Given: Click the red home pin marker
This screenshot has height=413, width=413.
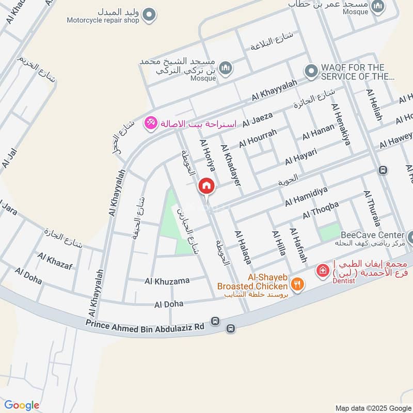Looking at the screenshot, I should click(206, 185).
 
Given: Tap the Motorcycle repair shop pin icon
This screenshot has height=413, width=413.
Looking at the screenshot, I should click(149, 15).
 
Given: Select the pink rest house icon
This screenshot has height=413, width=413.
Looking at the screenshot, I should click(151, 123).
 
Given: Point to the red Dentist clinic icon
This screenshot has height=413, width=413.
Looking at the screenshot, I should click(323, 270).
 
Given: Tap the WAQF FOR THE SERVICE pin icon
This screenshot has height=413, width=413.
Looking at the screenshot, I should click(310, 72).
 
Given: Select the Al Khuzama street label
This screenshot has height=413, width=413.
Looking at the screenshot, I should click(167, 281).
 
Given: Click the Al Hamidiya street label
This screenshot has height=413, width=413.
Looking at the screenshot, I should click(306, 196).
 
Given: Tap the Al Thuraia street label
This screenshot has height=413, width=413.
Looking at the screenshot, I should click(372, 208).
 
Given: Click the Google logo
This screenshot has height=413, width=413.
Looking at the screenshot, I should click(22, 405).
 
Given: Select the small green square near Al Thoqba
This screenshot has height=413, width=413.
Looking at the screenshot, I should click(330, 233).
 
